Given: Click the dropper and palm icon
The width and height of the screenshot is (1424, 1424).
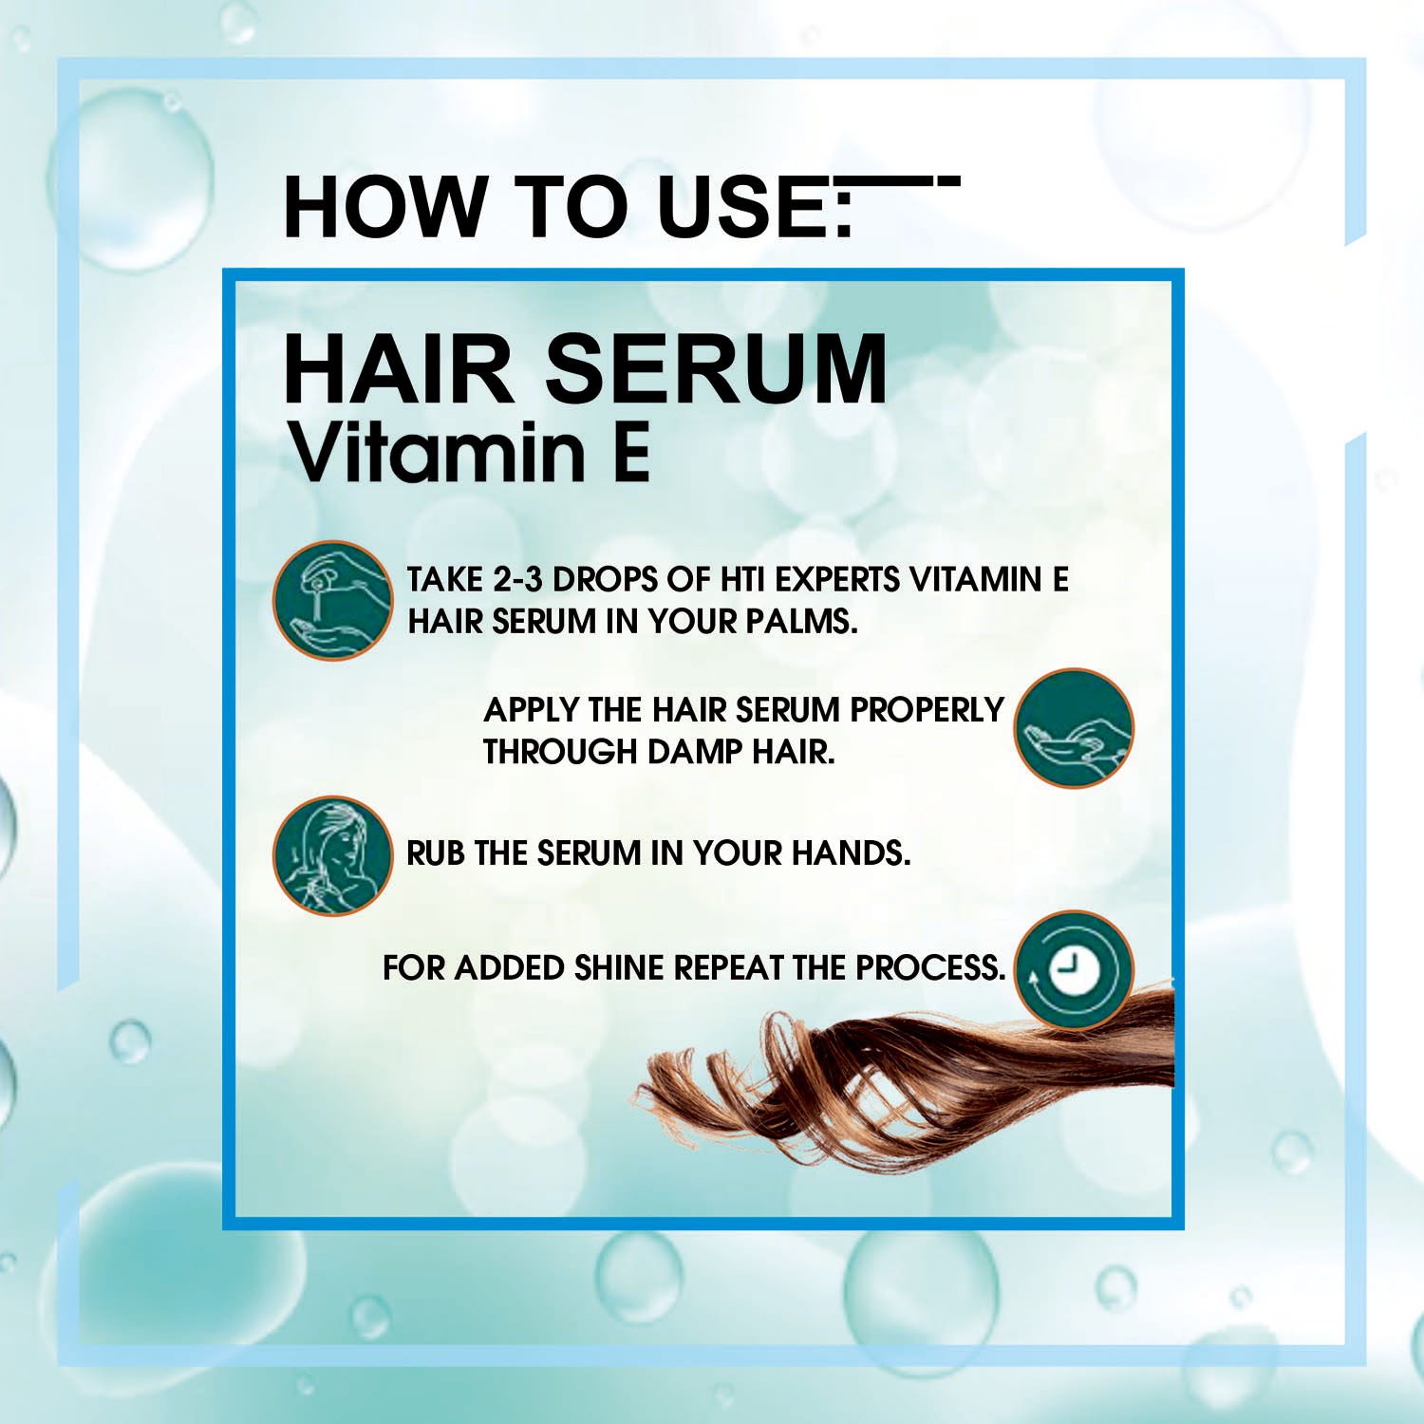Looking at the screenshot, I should (x=332, y=600).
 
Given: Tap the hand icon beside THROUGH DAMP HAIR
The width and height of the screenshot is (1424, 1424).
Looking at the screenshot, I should (x=1074, y=727).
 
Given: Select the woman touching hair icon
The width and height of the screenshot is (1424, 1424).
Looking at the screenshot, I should (x=332, y=854).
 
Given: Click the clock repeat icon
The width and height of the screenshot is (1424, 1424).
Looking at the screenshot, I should (x=1074, y=970).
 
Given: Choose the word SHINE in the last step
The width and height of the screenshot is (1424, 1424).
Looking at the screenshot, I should (x=619, y=968).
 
